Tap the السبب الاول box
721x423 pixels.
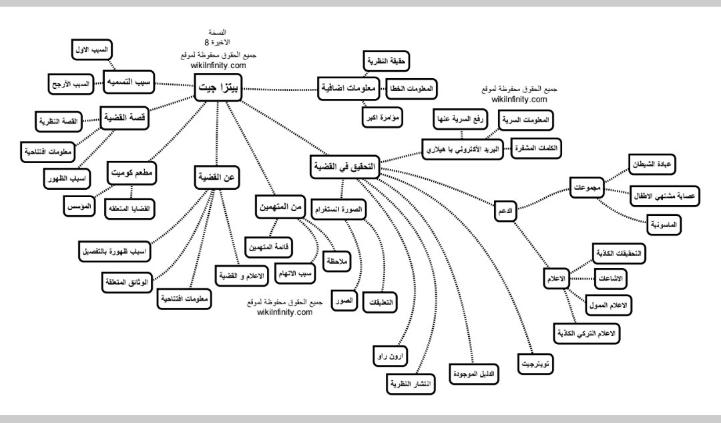click(x=92, y=50)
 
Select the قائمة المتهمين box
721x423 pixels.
click(x=268, y=247)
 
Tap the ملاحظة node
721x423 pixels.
click(x=337, y=262)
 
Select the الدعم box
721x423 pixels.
click(x=505, y=212)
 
